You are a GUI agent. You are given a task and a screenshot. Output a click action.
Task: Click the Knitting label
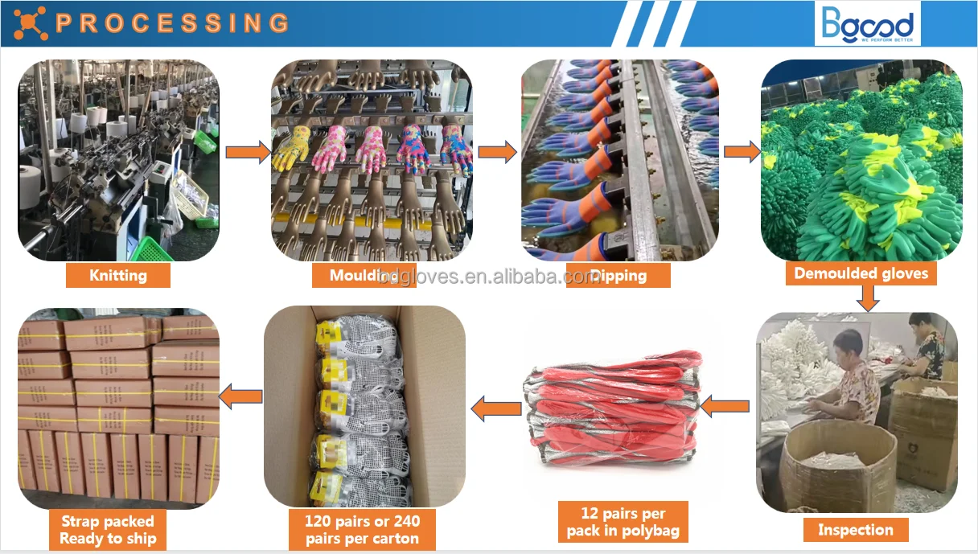(118, 275)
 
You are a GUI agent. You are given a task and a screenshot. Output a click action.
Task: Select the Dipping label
(617, 276)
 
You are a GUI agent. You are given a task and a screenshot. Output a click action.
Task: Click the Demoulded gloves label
(861, 273)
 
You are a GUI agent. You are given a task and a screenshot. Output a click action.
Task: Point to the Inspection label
(856, 529)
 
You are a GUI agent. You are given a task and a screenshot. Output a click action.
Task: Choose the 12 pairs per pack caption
(623, 522)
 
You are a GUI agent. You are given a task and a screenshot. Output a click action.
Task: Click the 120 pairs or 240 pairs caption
(362, 529)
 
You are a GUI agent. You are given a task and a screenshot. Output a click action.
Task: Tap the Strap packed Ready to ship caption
(108, 530)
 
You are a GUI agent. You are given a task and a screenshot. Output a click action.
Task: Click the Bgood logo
(867, 24)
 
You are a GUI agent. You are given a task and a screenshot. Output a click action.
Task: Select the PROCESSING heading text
(172, 23)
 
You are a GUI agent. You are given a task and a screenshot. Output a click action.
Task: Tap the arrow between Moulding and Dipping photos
(498, 152)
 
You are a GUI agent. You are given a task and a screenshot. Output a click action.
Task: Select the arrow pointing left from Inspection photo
(725, 407)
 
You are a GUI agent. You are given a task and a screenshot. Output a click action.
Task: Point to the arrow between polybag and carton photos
(495, 409)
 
